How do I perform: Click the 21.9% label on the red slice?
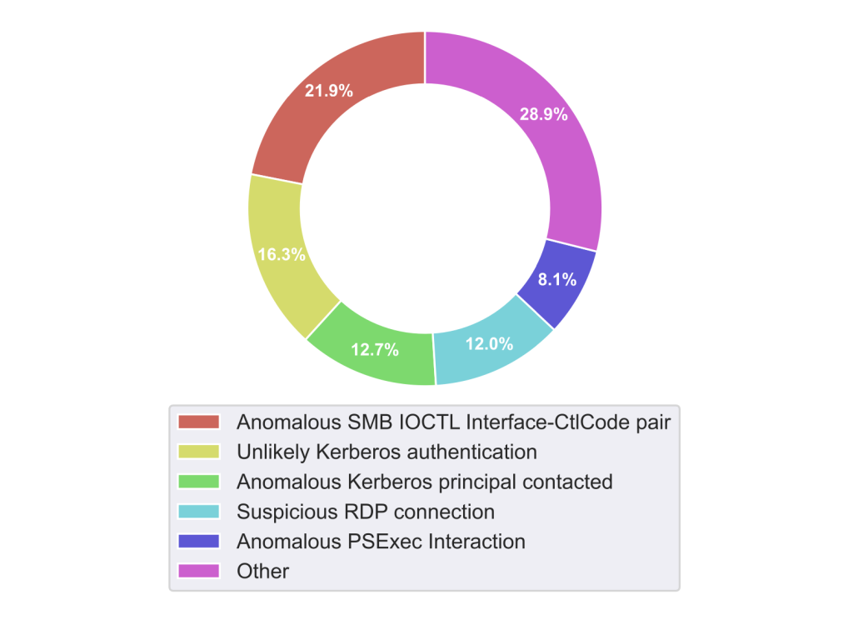tap(328, 91)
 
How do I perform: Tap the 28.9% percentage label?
tap(544, 115)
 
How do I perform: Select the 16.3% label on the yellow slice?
tap(281, 255)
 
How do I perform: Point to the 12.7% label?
tap(375, 350)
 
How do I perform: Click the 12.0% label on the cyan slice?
tap(488, 342)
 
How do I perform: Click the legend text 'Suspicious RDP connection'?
tap(366, 512)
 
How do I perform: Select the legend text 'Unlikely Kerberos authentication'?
tap(387, 452)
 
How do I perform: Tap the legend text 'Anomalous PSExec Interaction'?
tap(381, 542)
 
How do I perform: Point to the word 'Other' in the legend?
tap(262, 572)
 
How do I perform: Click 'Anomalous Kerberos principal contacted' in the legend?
tap(425, 482)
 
